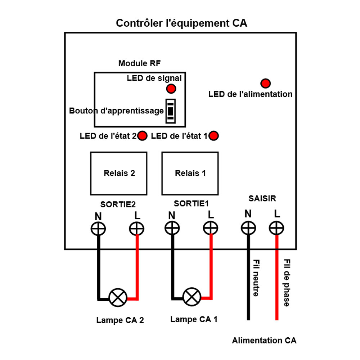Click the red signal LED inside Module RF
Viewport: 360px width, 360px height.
pos(171,89)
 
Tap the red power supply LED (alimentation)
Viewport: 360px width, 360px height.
pos(266,84)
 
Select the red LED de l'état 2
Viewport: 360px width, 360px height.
pos(143,136)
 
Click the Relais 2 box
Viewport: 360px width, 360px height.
pos(119,173)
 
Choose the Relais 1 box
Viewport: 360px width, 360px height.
pos(190,173)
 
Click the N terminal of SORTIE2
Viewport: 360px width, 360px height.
pos(98,229)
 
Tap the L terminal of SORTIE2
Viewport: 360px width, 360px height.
pos(137,229)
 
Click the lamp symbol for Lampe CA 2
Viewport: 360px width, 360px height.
pos(118,298)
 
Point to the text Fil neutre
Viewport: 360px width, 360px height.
pos(256,278)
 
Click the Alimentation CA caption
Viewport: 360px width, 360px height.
pos(264,341)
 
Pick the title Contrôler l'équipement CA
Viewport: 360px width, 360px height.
pos(181,23)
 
